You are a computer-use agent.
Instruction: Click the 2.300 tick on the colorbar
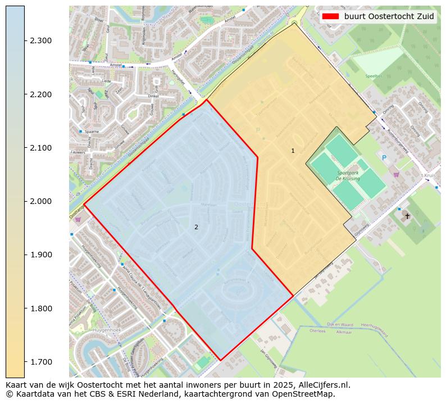pyautogui.click(x=25, y=40)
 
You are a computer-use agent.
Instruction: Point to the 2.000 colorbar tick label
pyautogui.click(x=40, y=201)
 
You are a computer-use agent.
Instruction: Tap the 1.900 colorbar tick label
pyautogui.click(x=40, y=255)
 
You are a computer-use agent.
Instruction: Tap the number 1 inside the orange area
pyautogui.click(x=293, y=151)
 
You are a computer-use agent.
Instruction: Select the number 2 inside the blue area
pyautogui.click(x=196, y=227)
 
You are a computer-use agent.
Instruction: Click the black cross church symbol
pyautogui.click(x=407, y=216)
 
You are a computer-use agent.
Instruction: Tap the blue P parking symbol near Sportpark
pyautogui.click(x=384, y=158)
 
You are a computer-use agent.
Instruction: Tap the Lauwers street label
pyautogui.click(x=78, y=152)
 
